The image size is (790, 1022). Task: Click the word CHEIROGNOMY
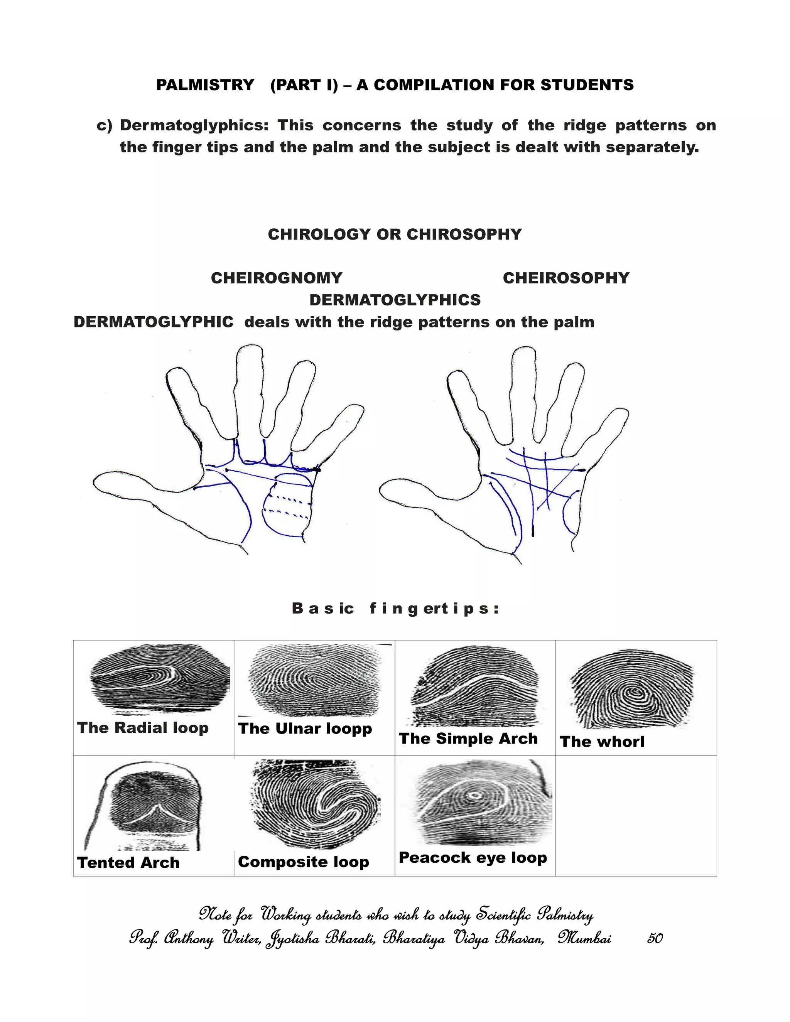[277, 278]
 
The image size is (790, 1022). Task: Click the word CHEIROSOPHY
[566, 278]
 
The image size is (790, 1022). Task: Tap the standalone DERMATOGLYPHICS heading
[395, 300]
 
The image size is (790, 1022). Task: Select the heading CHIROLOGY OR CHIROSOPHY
[395, 234]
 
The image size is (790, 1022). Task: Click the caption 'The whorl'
[602, 742]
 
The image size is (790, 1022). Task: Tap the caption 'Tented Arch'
[128, 862]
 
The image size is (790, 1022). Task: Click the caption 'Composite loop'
[303, 862]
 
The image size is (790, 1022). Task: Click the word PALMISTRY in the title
[205, 85]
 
